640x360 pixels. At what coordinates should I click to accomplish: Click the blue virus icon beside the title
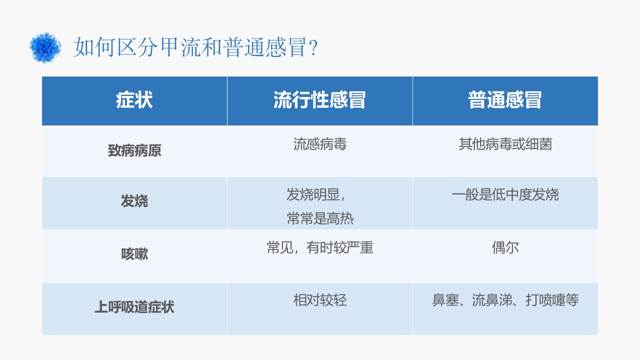click(x=45, y=47)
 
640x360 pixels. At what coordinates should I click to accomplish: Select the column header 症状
click(x=134, y=100)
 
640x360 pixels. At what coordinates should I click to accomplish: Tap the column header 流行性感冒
click(x=319, y=100)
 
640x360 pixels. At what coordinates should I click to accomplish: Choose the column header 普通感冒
click(x=505, y=100)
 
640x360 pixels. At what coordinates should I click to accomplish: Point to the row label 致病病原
click(x=134, y=151)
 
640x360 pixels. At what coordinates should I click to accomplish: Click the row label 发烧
click(x=134, y=201)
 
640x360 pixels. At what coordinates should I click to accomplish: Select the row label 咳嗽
click(x=134, y=254)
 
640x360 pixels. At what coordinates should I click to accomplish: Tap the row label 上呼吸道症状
click(x=134, y=307)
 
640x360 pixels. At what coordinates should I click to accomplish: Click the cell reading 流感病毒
click(x=320, y=144)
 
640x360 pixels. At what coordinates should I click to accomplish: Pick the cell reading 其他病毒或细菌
click(x=505, y=144)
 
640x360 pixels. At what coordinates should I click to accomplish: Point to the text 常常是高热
click(x=320, y=218)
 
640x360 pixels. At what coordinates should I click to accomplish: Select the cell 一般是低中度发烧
click(x=505, y=194)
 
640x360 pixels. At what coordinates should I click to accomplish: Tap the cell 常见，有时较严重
click(x=320, y=247)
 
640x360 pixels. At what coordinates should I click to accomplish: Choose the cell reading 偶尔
click(x=505, y=247)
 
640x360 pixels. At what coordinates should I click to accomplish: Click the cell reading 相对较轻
click(x=320, y=300)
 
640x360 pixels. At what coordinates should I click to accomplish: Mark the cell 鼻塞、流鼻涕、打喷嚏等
click(x=505, y=300)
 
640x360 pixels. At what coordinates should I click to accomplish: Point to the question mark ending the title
click(x=313, y=49)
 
